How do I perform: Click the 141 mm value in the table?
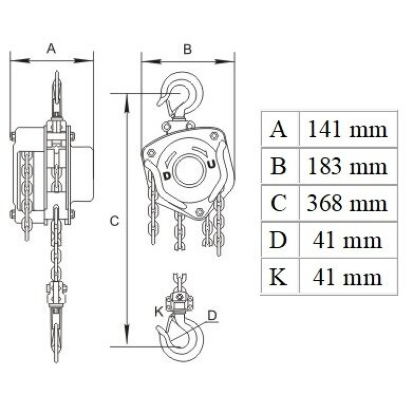[347, 130]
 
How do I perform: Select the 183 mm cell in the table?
[347, 166]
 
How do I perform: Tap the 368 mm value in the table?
[347, 203]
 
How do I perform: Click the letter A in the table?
[278, 130]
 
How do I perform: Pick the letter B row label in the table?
[278, 166]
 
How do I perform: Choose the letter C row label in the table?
[278, 203]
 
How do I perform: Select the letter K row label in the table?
[278, 277]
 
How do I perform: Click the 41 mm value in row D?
[347, 240]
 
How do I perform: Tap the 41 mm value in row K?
[347, 277]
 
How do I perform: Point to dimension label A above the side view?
[51, 49]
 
